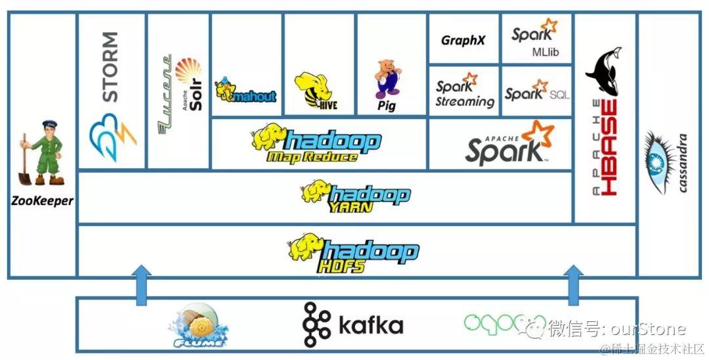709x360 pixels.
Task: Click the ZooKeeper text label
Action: tap(42, 200)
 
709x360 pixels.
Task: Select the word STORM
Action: tap(110, 66)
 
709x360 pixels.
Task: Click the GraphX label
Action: tap(463, 41)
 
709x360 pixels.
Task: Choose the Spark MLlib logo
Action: tap(535, 38)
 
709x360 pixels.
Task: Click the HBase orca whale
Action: tap(603, 72)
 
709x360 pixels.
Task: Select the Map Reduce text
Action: tap(312, 157)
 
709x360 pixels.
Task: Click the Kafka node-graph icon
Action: tap(316, 324)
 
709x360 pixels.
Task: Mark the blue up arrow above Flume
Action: tap(141, 284)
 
